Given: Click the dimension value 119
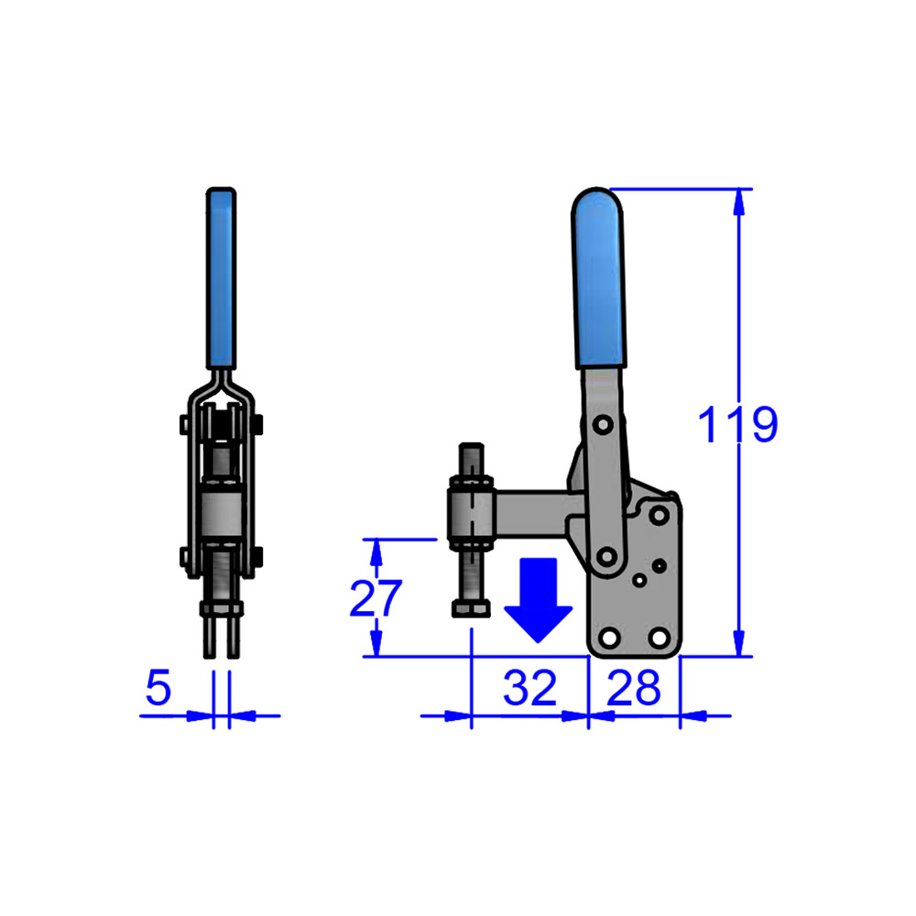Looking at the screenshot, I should coord(736,425).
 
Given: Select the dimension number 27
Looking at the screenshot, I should coord(376,599).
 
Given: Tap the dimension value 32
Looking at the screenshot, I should coord(529,688).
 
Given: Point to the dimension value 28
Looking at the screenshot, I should coord(633,688).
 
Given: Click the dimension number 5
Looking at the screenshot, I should coord(158,688).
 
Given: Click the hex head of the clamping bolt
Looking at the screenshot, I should coord(470,609).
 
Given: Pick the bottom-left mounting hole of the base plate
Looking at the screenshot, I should coord(605,637).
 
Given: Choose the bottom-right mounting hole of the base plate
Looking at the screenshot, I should coord(658,637).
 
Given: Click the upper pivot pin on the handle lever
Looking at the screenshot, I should coord(602,426).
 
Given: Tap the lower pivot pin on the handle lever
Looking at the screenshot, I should coord(605,554).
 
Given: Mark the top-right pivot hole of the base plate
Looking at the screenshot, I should coord(658,515).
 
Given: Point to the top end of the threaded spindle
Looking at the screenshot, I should coord(470,450).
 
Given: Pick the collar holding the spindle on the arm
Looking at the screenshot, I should coord(471,517).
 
